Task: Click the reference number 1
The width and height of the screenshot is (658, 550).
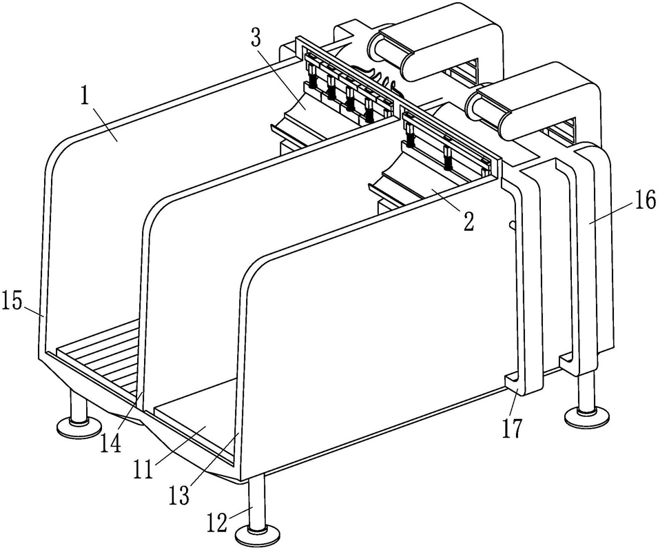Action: [85, 97]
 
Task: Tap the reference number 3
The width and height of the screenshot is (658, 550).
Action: [256, 38]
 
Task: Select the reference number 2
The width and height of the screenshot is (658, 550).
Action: [469, 221]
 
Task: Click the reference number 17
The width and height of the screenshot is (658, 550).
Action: [513, 428]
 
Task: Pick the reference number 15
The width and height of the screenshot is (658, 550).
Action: [12, 301]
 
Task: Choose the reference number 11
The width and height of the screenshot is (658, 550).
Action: [144, 469]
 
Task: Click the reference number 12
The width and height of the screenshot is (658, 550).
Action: [218, 522]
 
